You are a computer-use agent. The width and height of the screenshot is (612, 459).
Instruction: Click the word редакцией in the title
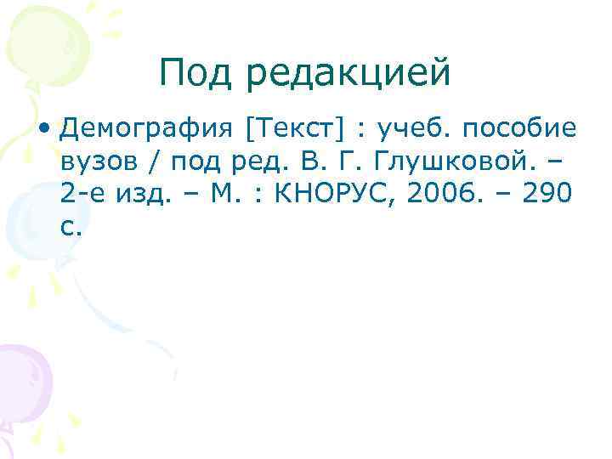point(348,75)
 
